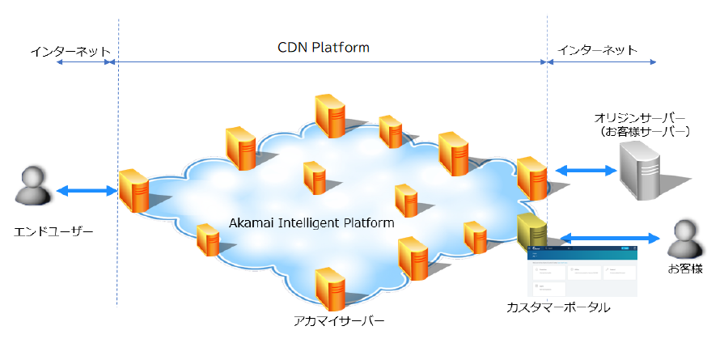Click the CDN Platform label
point(323,48)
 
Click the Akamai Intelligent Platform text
point(311,222)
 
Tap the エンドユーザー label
point(55,232)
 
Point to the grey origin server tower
point(643,171)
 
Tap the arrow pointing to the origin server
point(586,171)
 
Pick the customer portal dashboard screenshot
point(581,271)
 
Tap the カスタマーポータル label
point(558,308)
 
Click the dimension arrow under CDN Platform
point(332,61)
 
